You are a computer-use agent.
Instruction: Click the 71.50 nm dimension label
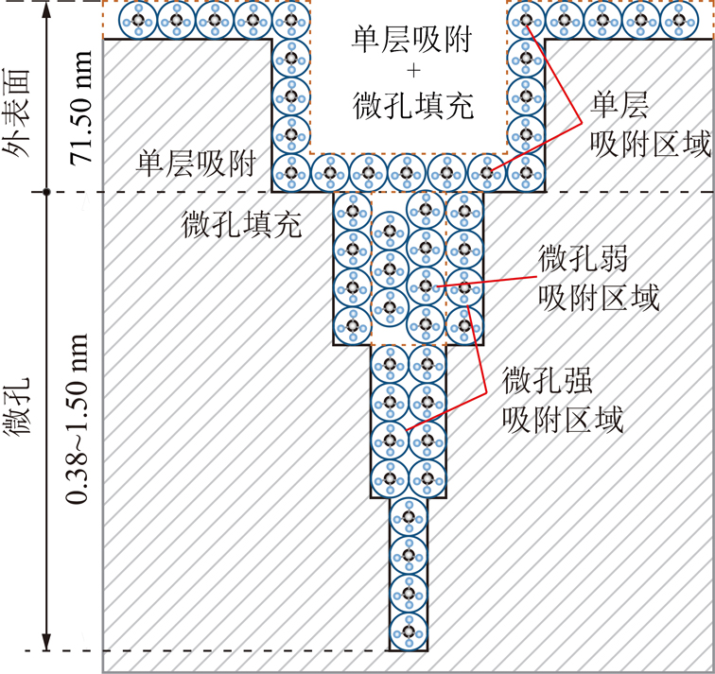click(80, 108)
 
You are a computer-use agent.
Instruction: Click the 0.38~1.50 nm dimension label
click(77, 419)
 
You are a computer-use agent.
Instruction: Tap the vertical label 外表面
click(16, 113)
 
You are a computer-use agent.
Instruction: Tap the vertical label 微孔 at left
click(16, 406)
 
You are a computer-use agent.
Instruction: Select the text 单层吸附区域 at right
click(651, 125)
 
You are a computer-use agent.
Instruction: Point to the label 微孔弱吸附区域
click(599, 278)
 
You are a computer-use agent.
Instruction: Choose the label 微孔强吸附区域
click(563, 401)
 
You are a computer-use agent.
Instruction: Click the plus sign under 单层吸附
click(413, 71)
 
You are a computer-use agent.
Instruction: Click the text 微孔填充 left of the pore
click(242, 224)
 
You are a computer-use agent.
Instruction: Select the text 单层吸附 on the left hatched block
click(196, 164)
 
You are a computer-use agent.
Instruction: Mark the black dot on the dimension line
click(46, 192)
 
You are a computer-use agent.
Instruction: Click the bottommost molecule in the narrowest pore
click(409, 632)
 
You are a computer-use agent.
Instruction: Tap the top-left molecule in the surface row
click(138, 20)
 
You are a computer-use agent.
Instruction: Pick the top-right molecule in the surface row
click(679, 20)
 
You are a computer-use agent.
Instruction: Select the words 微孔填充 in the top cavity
click(413, 106)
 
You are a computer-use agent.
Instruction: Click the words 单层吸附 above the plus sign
click(411, 39)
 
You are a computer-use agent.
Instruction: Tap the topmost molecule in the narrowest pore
click(409, 517)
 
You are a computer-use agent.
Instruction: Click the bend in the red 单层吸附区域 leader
click(582, 122)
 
